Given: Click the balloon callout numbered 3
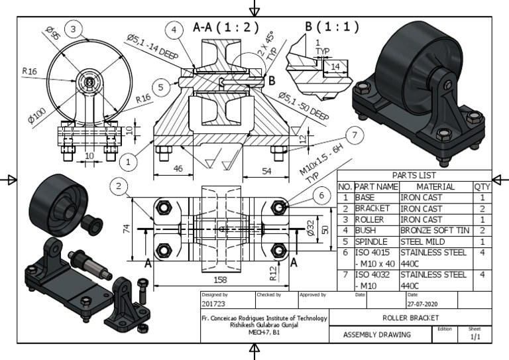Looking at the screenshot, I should [74, 28].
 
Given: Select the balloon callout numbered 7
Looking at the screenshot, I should [355, 136].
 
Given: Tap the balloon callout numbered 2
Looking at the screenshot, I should [119, 187].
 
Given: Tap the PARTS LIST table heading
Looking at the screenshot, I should [414, 175].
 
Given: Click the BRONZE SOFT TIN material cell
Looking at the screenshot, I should [435, 230].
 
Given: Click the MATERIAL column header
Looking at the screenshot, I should [435, 186].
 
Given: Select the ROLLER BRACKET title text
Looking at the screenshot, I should [410, 318].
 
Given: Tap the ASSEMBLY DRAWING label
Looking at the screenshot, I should [376, 335].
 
